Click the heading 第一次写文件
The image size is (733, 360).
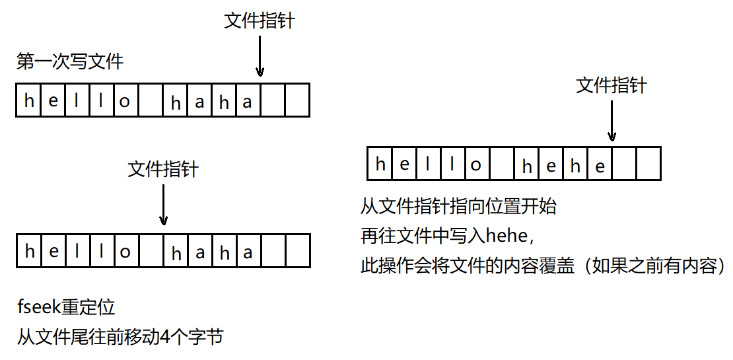pos(70,63)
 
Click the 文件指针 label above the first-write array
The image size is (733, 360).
pos(260,21)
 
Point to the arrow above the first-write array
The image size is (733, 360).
pos(260,57)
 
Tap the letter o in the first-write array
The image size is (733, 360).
pos(125,101)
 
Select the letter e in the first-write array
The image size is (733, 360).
pos(53,101)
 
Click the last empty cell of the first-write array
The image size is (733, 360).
pos(297,100)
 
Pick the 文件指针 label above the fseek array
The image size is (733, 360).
pos(163,170)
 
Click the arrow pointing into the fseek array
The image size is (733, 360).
pos(163,205)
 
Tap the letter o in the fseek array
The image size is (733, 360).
pos(125,252)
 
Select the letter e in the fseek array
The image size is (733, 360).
pos(53,252)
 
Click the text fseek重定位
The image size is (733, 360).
pos(66,307)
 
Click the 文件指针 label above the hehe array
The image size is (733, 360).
pos(611,85)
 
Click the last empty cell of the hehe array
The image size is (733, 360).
pos(648,164)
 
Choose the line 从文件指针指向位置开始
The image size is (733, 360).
pos(458,207)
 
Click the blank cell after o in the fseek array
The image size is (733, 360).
pos(151,251)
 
